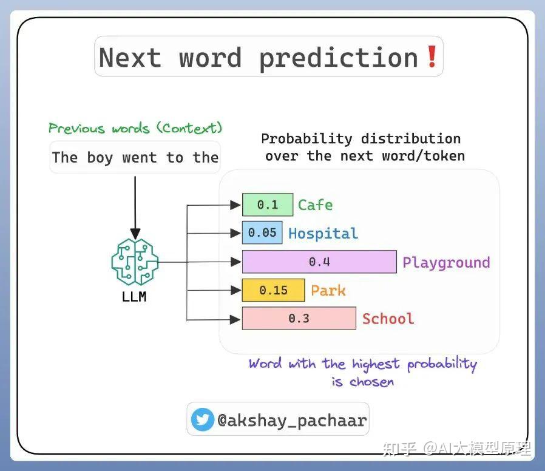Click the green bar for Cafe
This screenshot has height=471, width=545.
pyautogui.click(x=268, y=205)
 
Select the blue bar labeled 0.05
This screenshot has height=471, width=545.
pyautogui.click(x=262, y=233)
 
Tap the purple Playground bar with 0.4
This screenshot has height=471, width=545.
pyautogui.click(x=319, y=262)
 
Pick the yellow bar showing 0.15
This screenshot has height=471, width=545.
pyautogui.click(x=273, y=290)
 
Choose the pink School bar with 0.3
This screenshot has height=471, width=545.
pyautogui.click(x=299, y=319)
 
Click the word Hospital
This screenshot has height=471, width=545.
pyautogui.click(x=323, y=233)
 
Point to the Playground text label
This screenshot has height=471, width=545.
pyautogui.click(x=446, y=262)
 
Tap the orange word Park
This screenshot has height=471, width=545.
pyautogui.click(x=328, y=290)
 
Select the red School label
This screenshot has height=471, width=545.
pyautogui.click(x=388, y=319)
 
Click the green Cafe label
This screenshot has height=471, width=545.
pyautogui.click(x=315, y=205)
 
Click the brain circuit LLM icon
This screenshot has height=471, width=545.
pyautogui.click(x=135, y=262)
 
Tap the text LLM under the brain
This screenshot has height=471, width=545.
pyautogui.click(x=134, y=297)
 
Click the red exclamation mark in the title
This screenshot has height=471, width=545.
pyautogui.click(x=432, y=56)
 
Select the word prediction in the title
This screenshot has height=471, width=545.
pyautogui.click(x=339, y=58)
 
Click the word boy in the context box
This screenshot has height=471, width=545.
pyautogui.click(x=100, y=158)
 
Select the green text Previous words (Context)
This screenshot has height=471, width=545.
pyautogui.click(x=135, y=128)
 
